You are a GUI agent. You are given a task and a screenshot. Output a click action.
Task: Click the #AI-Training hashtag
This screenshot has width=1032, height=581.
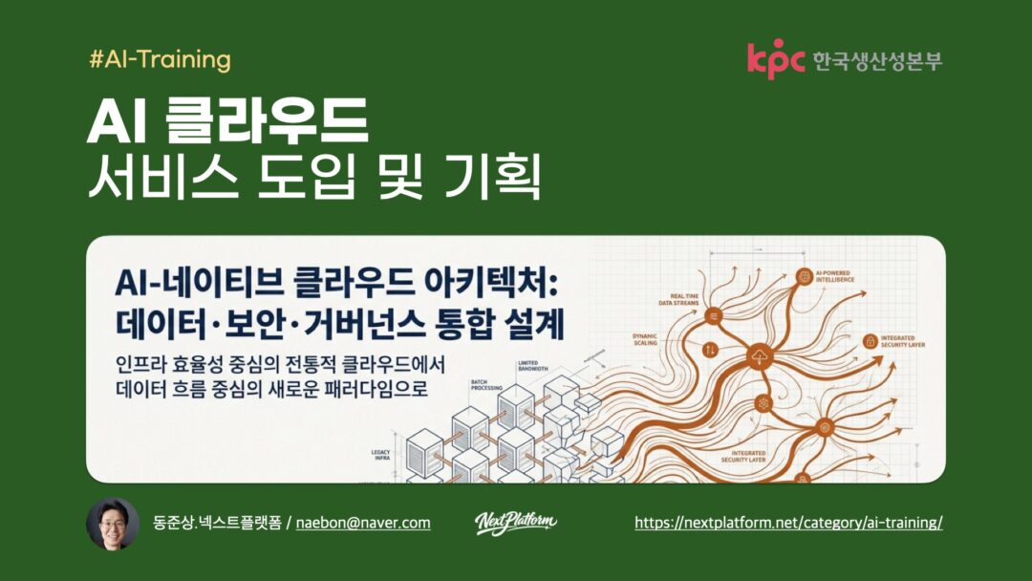pos(160,60)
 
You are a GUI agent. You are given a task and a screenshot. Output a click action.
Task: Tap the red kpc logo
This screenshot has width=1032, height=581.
pos(776,59)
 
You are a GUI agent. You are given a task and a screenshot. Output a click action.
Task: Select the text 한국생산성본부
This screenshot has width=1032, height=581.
pos(876,60)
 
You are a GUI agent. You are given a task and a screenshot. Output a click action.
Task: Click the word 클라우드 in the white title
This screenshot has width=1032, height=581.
pos(267,121)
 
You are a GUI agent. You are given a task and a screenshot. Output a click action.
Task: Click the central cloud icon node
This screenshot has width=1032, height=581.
pos(760,358)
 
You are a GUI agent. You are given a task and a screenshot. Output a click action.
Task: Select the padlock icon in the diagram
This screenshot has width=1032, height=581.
pos(870,341)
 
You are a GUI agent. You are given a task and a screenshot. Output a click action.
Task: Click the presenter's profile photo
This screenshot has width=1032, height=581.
pos(113,523)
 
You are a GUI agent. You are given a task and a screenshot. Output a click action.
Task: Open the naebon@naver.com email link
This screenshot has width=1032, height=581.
pos(363,523)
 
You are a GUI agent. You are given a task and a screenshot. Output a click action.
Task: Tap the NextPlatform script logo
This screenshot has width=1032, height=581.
pos(516,522)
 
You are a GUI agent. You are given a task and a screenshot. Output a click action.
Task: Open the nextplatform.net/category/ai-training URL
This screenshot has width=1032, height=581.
pos(788,523)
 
